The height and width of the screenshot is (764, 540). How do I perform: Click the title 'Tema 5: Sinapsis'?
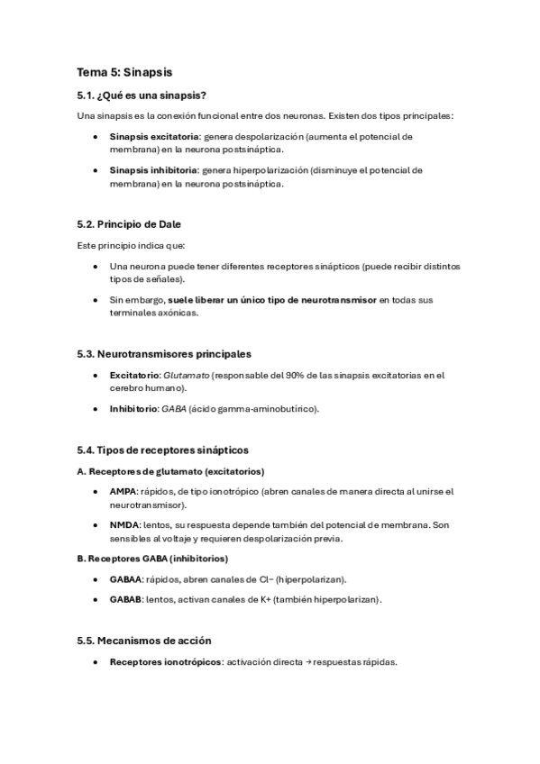124,72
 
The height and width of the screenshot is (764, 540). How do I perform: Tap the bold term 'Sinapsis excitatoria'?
153,136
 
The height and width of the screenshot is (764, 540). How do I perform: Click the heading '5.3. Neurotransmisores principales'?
164,354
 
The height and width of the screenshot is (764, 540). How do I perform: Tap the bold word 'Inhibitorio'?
133,408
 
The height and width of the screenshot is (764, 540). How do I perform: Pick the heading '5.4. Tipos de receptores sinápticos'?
163,450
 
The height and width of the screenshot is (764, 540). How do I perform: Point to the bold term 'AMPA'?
123,491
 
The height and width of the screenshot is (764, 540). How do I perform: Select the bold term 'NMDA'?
124,524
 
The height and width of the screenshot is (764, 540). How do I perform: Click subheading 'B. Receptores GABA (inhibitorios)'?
152,559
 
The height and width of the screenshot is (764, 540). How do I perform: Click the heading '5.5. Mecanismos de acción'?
144,641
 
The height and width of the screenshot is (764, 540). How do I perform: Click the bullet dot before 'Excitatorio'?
96,375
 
